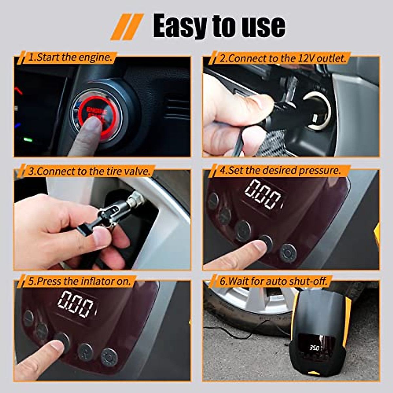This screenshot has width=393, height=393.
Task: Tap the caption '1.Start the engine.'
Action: (70, 58)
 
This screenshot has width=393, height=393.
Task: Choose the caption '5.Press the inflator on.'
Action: (79, 281)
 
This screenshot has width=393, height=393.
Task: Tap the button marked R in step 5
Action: (86, 351)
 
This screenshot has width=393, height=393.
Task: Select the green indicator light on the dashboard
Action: (28, 140)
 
